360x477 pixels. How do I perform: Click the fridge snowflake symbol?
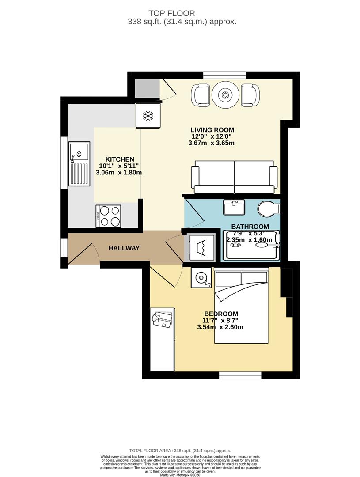148,116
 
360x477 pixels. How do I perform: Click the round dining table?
225,95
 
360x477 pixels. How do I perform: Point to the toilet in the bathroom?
269,208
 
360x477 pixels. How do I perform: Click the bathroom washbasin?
234,207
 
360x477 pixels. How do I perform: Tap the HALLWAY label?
124,248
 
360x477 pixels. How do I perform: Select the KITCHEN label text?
119,159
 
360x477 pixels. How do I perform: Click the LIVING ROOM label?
212,130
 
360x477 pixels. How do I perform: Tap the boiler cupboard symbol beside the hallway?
202,248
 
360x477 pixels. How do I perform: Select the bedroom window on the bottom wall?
236,375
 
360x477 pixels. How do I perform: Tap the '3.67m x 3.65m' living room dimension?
211,143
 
